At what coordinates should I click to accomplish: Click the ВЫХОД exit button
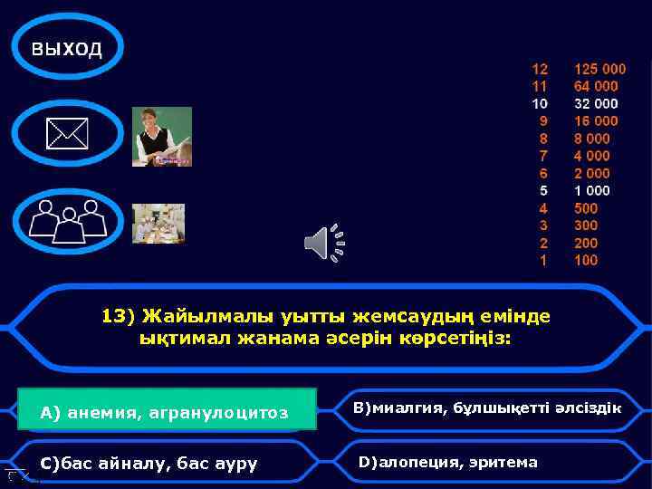coord(67,48)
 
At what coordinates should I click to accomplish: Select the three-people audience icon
coord(68,220)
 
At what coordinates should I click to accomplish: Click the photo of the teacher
coord(162,137)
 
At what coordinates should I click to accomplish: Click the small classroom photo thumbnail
coord(158,223)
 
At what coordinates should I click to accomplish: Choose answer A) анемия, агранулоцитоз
coord(166,413)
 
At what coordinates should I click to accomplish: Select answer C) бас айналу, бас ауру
coord(149,464)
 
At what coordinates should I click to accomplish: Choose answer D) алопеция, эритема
coord(448,463)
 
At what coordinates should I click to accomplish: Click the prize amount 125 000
coord(599,69)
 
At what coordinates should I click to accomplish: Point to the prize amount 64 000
coord(596,86)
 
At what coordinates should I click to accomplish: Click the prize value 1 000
coord(592,191)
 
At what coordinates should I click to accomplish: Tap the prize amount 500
coord(586,208)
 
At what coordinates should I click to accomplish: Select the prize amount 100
coord(586,261)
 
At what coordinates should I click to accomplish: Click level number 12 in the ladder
coord(540,69)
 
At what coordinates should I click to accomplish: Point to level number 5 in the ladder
coord(543,191)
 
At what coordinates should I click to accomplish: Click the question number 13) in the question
coord(117,316)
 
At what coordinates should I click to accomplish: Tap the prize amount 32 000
coord(596,103)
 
